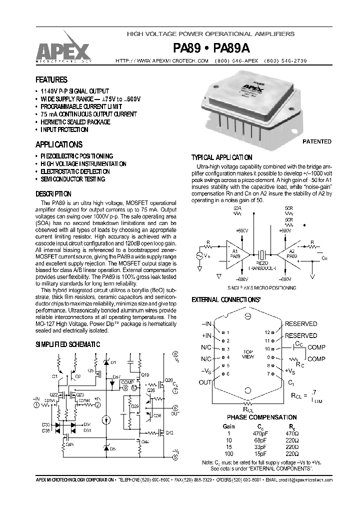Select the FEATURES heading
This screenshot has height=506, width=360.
coord(51,79)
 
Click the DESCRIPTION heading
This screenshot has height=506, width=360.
coord(53,193)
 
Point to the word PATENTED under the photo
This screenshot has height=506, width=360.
coord(317,141)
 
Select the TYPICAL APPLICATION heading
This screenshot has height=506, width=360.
coord(222,156)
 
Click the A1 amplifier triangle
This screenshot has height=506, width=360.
coord(233,254)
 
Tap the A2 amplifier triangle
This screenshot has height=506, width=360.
coord(288,254)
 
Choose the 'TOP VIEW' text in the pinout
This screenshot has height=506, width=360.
coord(248,354)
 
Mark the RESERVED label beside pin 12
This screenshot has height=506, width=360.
coord(301,324)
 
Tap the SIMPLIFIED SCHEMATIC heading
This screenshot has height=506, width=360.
coord(67,344)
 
